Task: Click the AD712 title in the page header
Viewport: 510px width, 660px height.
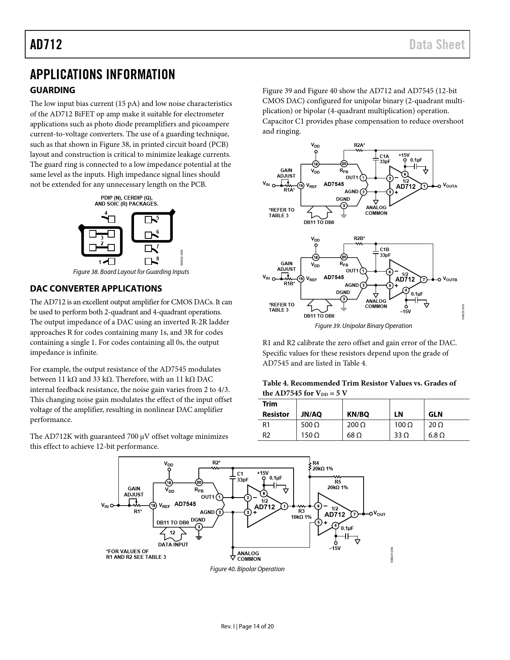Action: coord(46,44)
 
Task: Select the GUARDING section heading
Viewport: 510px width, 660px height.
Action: coord(52,90)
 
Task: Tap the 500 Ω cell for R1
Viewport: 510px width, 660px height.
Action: coord(310,425)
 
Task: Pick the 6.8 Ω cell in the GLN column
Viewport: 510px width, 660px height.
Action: coord(436,435)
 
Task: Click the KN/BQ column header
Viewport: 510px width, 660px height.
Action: coord(358,414)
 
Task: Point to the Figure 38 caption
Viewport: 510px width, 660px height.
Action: coord(131,272)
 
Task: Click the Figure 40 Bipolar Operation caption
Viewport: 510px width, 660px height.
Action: coord(247,569)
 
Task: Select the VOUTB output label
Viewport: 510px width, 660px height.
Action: coord(450,279)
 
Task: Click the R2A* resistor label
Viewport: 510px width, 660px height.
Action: coord(359,145)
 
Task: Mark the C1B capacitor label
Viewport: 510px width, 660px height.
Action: coord(384,249)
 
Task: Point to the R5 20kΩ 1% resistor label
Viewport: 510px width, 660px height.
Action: coord(338,484)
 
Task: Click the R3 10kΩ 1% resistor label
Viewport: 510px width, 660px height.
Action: coord(301,514)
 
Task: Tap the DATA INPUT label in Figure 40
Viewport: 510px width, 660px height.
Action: coord(173,544)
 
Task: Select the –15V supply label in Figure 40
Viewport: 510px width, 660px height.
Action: coord(335,548)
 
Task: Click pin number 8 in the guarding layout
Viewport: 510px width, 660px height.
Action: coord(157,258)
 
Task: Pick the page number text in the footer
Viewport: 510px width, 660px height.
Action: coord(247,626)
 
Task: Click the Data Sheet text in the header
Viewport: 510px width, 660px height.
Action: coord(437,44)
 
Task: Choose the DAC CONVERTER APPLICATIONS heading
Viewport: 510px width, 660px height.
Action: coord(96,288)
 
